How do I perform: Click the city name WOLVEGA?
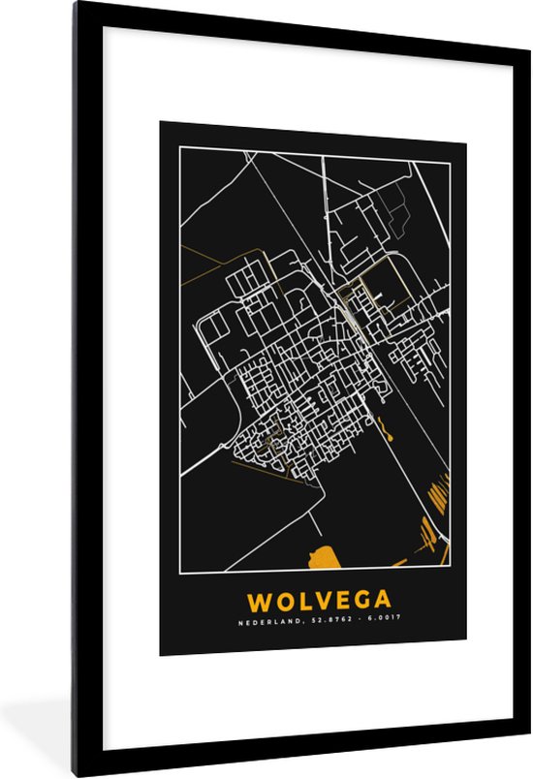point(312,602)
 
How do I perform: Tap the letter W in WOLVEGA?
point(258,602)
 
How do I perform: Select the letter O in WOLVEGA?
point(280,602)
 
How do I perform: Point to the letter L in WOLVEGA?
point(298,602)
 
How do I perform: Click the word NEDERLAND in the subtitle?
point(264,622)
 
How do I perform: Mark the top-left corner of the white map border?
point(180,146)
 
